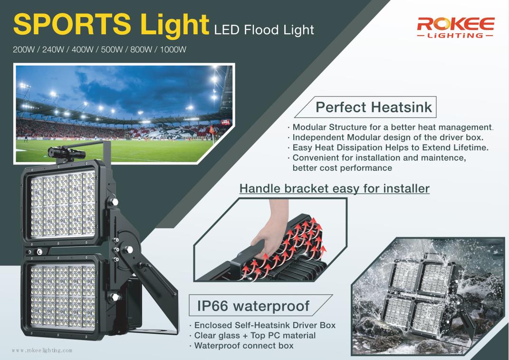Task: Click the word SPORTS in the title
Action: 72,24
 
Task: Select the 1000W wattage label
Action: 173,50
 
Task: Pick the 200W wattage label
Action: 24,50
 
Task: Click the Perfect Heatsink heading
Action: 374,107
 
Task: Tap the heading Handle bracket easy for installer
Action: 335,189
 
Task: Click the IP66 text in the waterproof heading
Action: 212,306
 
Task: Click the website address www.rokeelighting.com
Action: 42,350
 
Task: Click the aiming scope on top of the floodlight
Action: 66,153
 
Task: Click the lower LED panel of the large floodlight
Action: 63,297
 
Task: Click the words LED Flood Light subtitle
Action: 264,30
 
